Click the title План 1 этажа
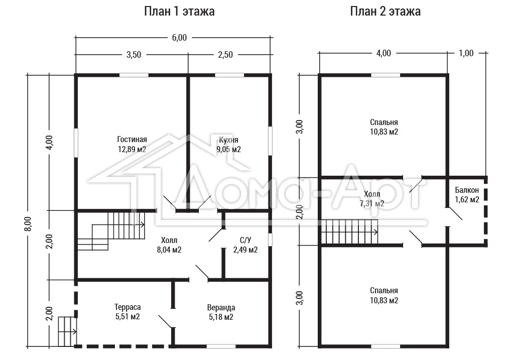[x=179, y=12]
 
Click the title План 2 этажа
[x=385, y=12]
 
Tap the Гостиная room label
[x=132, y=140]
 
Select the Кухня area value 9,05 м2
[x=228, y=150]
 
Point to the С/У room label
[x=245, y=240]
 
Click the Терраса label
[x=127, y=307]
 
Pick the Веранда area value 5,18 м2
[x=221, y=317]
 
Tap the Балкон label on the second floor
[x=467, y=190]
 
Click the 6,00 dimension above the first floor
[x=179, y=37]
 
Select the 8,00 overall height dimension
[x=28, y=223]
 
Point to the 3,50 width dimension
[x=134, y=54]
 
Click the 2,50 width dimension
[x=225, y=54]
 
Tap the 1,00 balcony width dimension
[x=466, y=53]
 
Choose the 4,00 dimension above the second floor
[x=383, y=53]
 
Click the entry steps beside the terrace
[x=67, y=331]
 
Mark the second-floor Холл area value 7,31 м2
[x=372, y=204]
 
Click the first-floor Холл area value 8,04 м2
[x=169, y=250]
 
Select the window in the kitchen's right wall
[x=270, y=141]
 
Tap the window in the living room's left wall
[x=76, y=143]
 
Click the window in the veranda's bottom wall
[x=221, y=346]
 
